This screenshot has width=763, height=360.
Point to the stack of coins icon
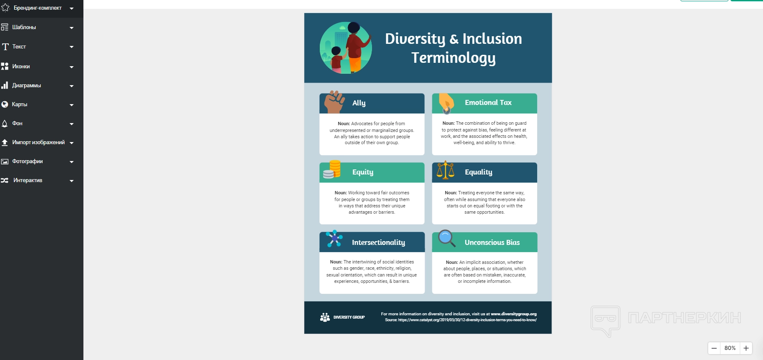click(332, 169)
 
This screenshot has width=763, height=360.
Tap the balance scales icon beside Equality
click(445, 169)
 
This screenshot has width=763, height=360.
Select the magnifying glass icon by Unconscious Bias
click(447, 238)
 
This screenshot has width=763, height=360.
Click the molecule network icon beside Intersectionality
click(335, 239)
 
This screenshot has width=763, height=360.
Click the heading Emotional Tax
click(488, 102)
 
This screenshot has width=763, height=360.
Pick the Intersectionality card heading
click(378, 242)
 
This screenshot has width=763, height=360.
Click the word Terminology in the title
click(453, 58)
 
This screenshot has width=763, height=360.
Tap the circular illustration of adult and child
click(346, 48)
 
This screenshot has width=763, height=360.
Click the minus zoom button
click(714, 348)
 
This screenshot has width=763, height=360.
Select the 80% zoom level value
click(730, 348)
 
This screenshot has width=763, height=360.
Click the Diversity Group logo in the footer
click(342, 317)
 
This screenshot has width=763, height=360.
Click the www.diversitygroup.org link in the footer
click(514, 314)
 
